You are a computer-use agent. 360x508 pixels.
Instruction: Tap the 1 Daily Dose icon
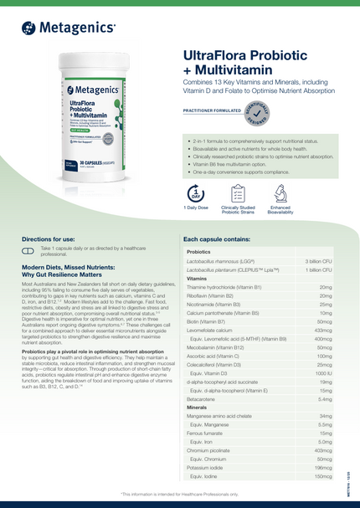193,192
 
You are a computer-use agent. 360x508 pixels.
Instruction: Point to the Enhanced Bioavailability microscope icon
280,192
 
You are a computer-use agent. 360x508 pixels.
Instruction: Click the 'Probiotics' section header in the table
199,252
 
